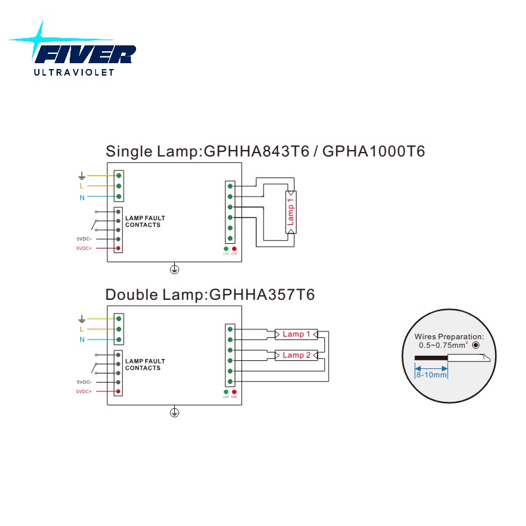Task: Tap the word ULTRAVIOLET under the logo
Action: coord(74,72)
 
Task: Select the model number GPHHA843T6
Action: coord(256,151)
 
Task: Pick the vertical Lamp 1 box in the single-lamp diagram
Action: coord(291,212)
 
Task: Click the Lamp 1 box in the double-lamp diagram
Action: coord(297,334)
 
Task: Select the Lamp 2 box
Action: coord(297,355)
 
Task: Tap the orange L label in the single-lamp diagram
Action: coord(81,186)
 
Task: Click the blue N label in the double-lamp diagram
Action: coord(82,339)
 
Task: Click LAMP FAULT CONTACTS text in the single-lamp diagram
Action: coord(145,222)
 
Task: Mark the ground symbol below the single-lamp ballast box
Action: coord(174,269)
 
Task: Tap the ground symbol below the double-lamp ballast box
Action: coord(174,412)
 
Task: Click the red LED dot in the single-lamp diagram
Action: coord(234,249)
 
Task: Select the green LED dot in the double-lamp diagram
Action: coord(226,392)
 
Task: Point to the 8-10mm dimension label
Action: coord(431,374)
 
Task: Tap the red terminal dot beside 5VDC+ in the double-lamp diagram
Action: coord(118,391)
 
